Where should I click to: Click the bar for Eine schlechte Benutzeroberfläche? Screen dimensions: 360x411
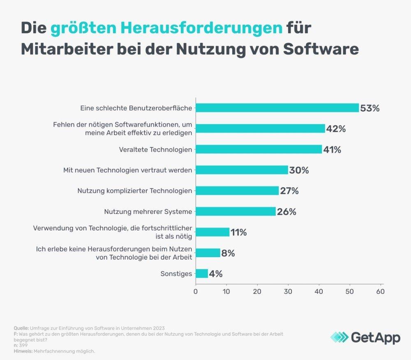pos(277,108)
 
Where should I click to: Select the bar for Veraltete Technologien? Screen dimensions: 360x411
pos(259,149)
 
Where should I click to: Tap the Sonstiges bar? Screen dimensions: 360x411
pos(201,274)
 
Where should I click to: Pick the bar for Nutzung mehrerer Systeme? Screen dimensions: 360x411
pos(236,211)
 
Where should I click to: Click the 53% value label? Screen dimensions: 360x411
pos(370,109)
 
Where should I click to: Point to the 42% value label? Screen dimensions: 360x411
pos(336,129)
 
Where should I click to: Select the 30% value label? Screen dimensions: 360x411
pos(299,170)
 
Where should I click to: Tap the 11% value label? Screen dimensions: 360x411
pos(238,232)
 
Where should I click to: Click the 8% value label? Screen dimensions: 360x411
pos(228,253)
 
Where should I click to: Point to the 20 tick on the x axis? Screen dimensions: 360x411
pos(257,291)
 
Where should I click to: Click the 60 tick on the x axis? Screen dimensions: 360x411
pos(381,291)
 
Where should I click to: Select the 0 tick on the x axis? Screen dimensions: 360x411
pos(196,291)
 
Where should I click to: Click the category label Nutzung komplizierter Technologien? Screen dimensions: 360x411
pos(134,191)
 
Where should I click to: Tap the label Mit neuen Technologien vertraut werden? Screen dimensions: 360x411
pos(127,170)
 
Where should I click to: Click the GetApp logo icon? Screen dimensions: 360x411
pos(339,337)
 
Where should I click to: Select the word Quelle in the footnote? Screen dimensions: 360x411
pos(21,328)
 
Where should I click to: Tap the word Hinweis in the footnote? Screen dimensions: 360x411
pos(22,351)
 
